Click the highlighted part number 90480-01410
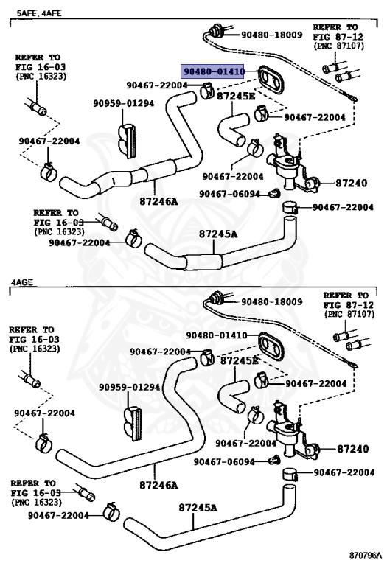click(x=214, y=71)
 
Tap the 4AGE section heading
click(x=21, y=282)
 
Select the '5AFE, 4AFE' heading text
click(x=39, y=13)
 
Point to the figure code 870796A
click(x=366, y=554)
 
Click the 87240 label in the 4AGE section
click(x=352, y=449)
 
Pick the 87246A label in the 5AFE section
click(x=158, y=201)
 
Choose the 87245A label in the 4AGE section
click(x=198, y=508)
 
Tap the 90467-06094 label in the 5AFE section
click(x=229, y=194)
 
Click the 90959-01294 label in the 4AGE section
click(x=129, y=387)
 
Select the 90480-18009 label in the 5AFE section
click(x=272, y=35)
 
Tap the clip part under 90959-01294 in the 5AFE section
click(x=128, y=141)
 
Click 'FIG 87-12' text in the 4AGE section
click(x=349, y=304)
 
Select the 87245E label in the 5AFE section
click(x=236, y=97)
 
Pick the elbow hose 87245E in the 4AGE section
click(x=233, y=394)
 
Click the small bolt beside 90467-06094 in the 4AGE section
click(x=274, y=460)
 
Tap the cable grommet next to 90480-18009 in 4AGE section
click(x=217, y=297)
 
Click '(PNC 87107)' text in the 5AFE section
click(x=338, y=46)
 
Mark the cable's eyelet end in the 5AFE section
click(x=352, y=97)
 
